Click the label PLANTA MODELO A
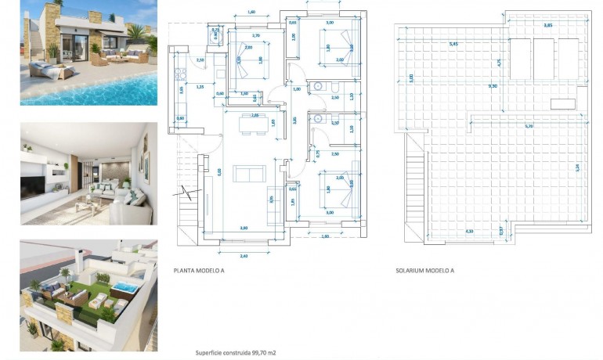pos(199,270)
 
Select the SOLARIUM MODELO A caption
pos(424,270)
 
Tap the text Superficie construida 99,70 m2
pos(235,353)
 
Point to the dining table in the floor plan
pos(249,124)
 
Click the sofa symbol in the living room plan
pos(249,173)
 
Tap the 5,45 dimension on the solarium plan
pos(453,44)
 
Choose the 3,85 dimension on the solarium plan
pos(548,27)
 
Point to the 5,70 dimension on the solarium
pos(529,126)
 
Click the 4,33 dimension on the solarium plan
pos(469,231)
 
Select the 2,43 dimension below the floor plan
pos(243,256)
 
